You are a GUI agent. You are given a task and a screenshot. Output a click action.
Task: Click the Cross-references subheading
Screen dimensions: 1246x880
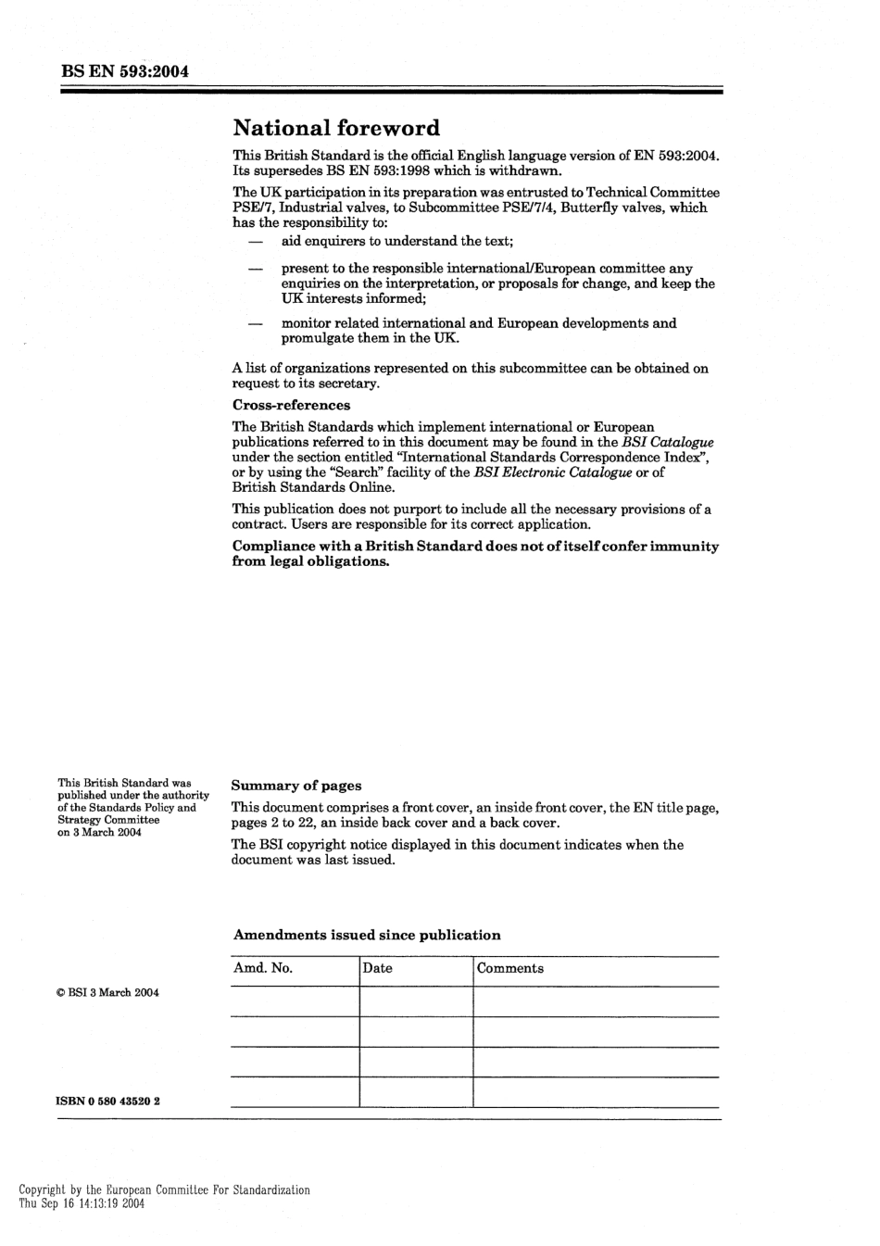(x=291, y=405)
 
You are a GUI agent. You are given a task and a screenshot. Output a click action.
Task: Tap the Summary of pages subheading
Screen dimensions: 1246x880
(x=296, y=786)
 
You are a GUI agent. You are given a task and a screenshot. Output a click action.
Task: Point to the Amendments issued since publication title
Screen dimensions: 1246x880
(x=367, y=935)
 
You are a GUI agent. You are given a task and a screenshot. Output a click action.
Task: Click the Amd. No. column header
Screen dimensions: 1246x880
(x=263, y=968)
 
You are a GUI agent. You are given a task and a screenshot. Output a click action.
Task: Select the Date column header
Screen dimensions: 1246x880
(x=378, y=968)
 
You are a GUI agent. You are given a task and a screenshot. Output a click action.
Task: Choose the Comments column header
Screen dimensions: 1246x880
(x=510, y=968)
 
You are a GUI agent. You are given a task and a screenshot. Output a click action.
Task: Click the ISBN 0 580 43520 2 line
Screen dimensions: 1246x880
(x=108, y=1101)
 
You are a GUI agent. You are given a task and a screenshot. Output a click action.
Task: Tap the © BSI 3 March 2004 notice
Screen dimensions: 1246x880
(x=107, y=992)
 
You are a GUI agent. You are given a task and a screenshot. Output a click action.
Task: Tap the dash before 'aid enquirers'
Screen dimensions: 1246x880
(x=254, y=242)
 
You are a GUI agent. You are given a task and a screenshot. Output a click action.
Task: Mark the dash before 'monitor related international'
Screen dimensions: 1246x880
(x=254, y=323)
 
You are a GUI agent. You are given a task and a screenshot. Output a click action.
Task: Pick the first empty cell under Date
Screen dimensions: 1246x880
(x=416, y=1001)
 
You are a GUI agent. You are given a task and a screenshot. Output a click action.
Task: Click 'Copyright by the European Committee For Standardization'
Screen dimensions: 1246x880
(x=165, y=1189)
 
